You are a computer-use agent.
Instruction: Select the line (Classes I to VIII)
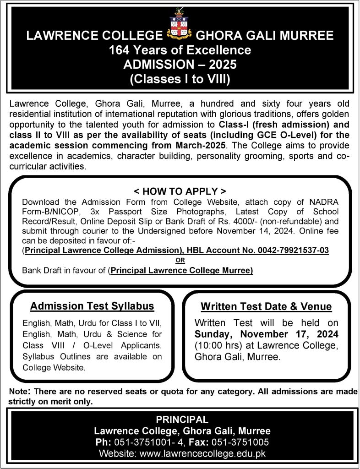180,79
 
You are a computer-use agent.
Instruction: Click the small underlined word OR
180,261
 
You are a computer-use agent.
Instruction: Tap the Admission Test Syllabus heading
92,306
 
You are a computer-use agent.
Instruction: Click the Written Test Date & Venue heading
267,307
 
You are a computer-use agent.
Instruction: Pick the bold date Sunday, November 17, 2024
267,333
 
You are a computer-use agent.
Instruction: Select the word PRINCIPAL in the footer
182,419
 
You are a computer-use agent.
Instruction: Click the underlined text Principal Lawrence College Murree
182,271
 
